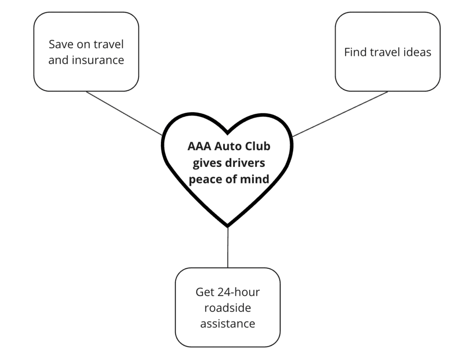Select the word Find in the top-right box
coord(355,52)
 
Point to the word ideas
coord(416,52)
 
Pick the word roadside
coord(227,308)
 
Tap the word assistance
coord(227,323)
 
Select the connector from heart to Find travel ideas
coord(340,114)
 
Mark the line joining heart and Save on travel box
coord(124,114)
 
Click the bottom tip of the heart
coord(228,225)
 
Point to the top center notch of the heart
coord(228,132)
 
